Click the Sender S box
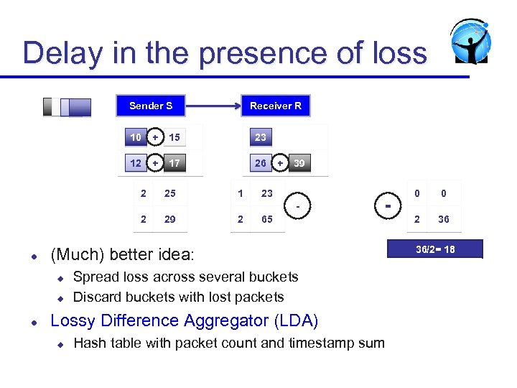click(151, 106)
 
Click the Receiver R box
click(275, 106)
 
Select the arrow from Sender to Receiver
click(208, 106)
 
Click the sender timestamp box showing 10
click(136, 137)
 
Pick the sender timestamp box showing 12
click(136, 163)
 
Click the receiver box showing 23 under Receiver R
click(260, 137)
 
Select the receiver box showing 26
click(260, 163)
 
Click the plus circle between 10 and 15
click(155, 137)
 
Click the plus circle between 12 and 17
click(155, 163)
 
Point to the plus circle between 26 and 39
click(280, 163)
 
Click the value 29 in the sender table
click(169, 219)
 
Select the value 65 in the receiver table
click(267, 219)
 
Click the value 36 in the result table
click(444, 219)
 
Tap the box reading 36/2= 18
click(435, 249)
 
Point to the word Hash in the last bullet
click(90, 343)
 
